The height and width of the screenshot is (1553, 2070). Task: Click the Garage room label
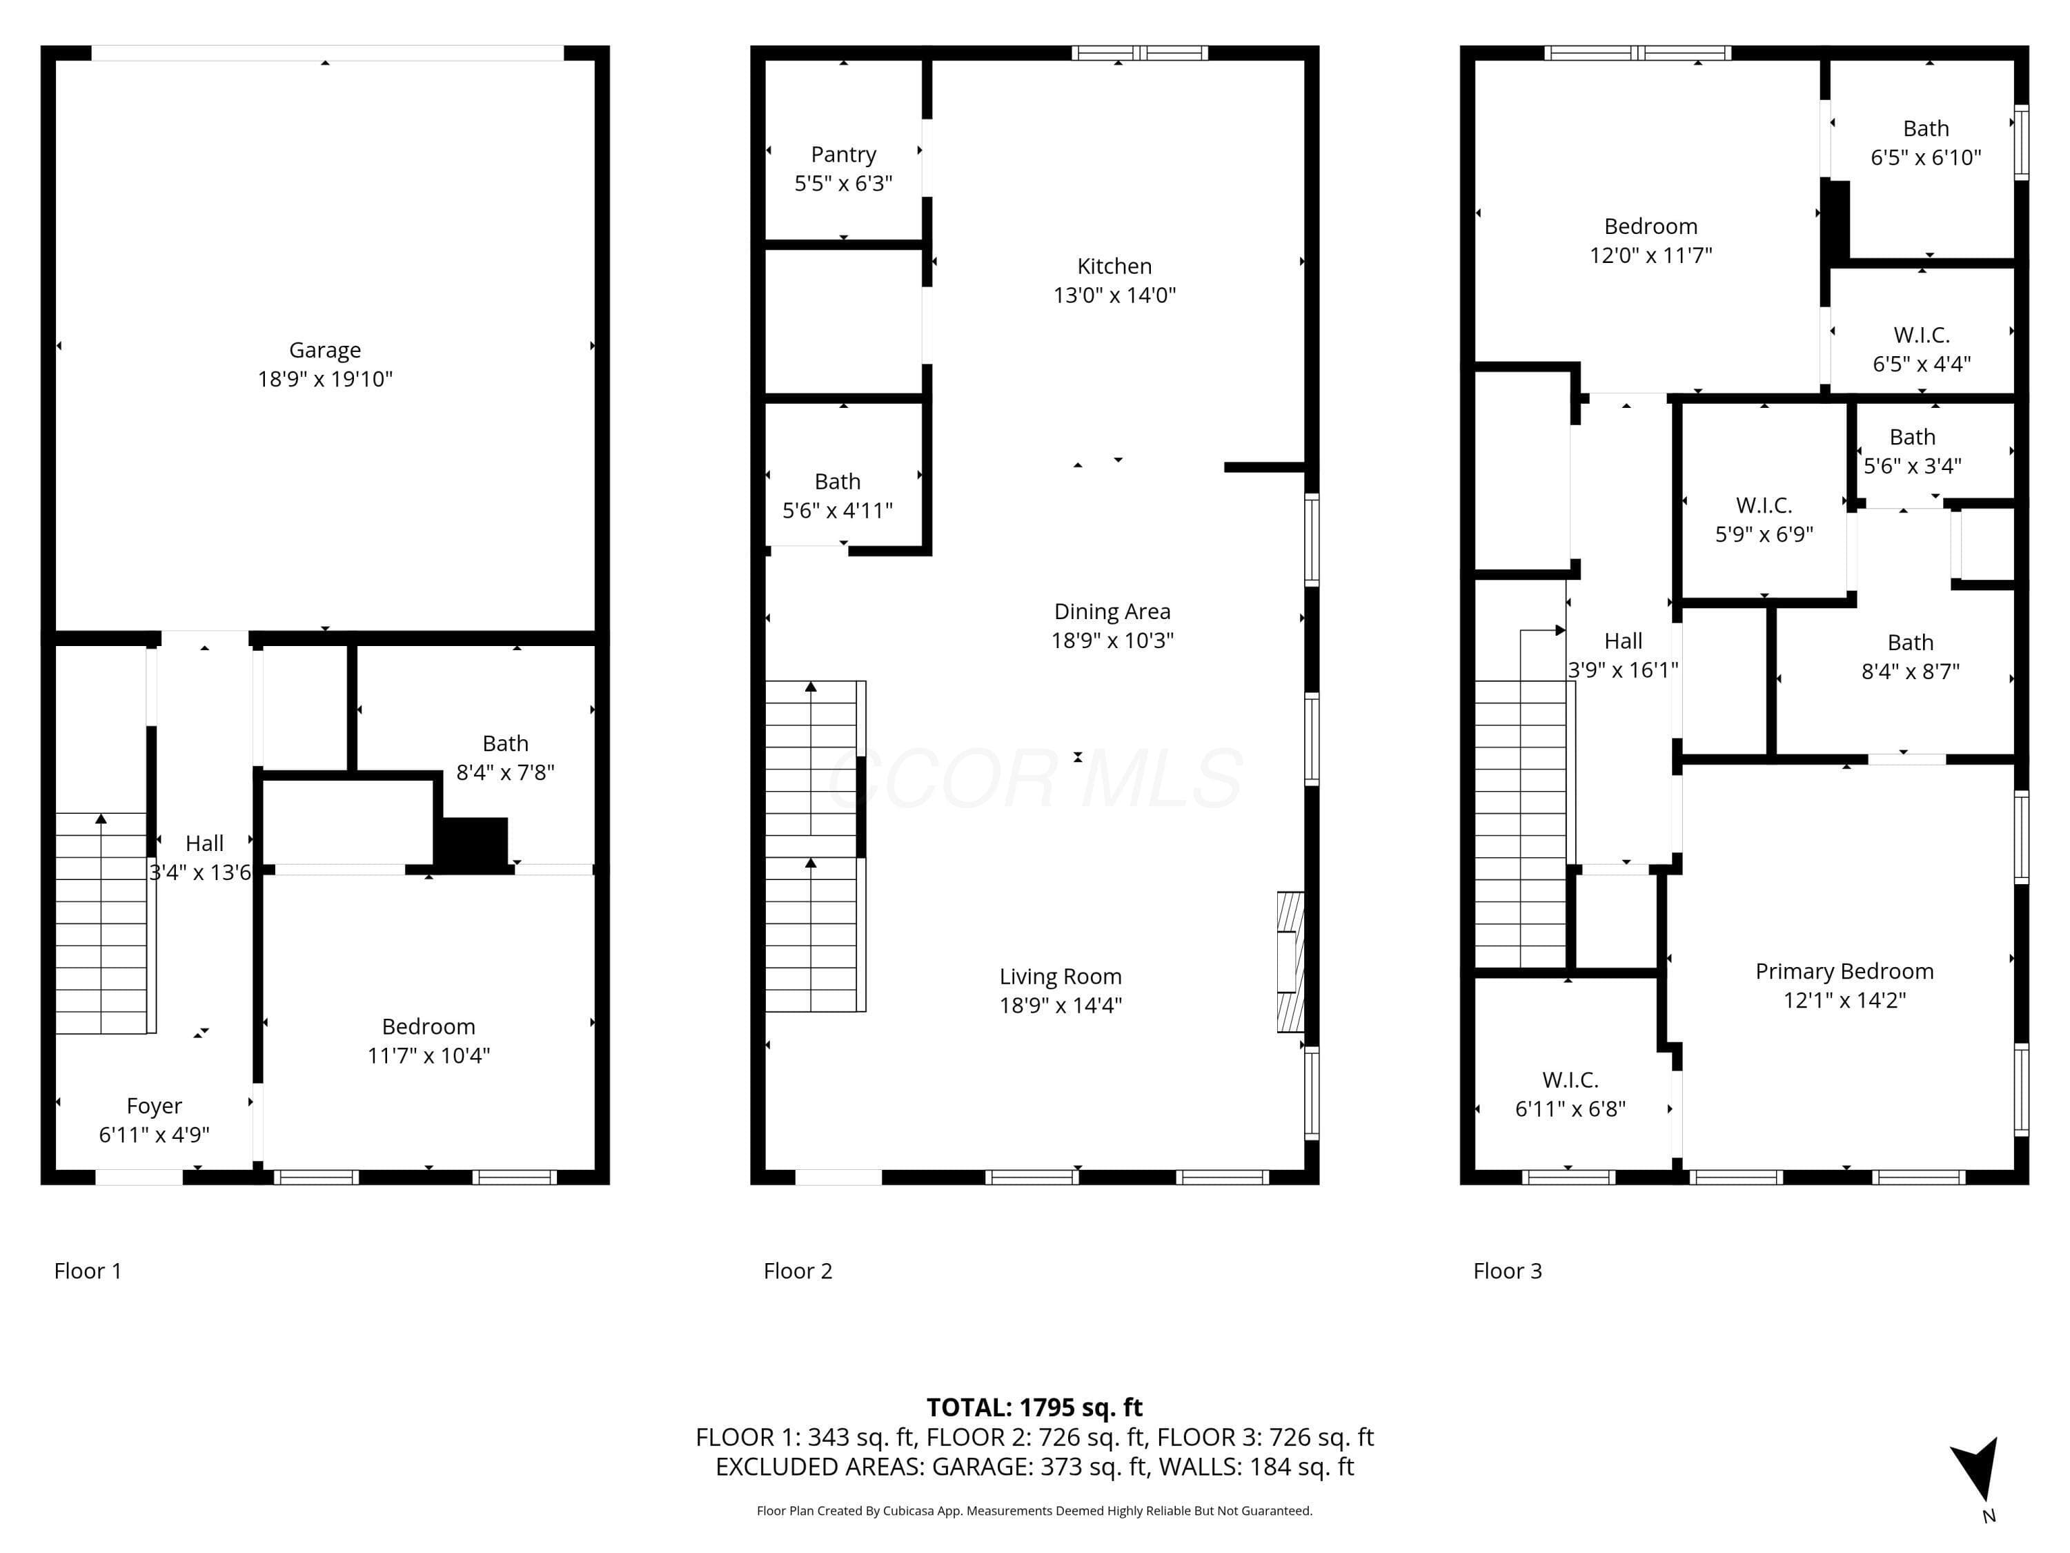point(325,350)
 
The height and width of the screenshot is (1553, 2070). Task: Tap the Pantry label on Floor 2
point(843,155)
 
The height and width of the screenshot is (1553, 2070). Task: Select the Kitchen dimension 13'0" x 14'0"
point(1114,295)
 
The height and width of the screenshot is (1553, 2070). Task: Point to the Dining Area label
point(1112,612)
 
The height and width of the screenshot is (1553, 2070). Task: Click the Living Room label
point(1061,977)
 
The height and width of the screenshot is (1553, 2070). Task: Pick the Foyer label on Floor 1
point(155,1106)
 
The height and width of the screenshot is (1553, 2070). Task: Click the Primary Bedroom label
point(1844,970)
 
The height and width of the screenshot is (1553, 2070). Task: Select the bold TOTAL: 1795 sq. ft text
point(1034,1407)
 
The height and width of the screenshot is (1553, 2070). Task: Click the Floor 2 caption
point(798,1270)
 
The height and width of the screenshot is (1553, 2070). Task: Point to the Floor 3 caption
point(1508,1270)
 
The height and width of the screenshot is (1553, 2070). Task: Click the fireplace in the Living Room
point(1290,961)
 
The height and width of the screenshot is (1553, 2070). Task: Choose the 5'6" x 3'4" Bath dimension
point(1912,465)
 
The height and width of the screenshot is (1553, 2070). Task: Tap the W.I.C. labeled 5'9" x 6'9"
point(1764,505)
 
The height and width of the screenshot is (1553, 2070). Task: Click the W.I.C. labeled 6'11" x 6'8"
point(1570,1080)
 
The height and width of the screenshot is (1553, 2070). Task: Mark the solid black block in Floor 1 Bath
point(473,844)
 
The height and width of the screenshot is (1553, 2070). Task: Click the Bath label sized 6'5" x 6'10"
point(1926,128)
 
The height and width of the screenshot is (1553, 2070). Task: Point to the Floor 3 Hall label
point(1623,641)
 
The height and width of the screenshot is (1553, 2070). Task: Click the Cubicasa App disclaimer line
point(1034,1510)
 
